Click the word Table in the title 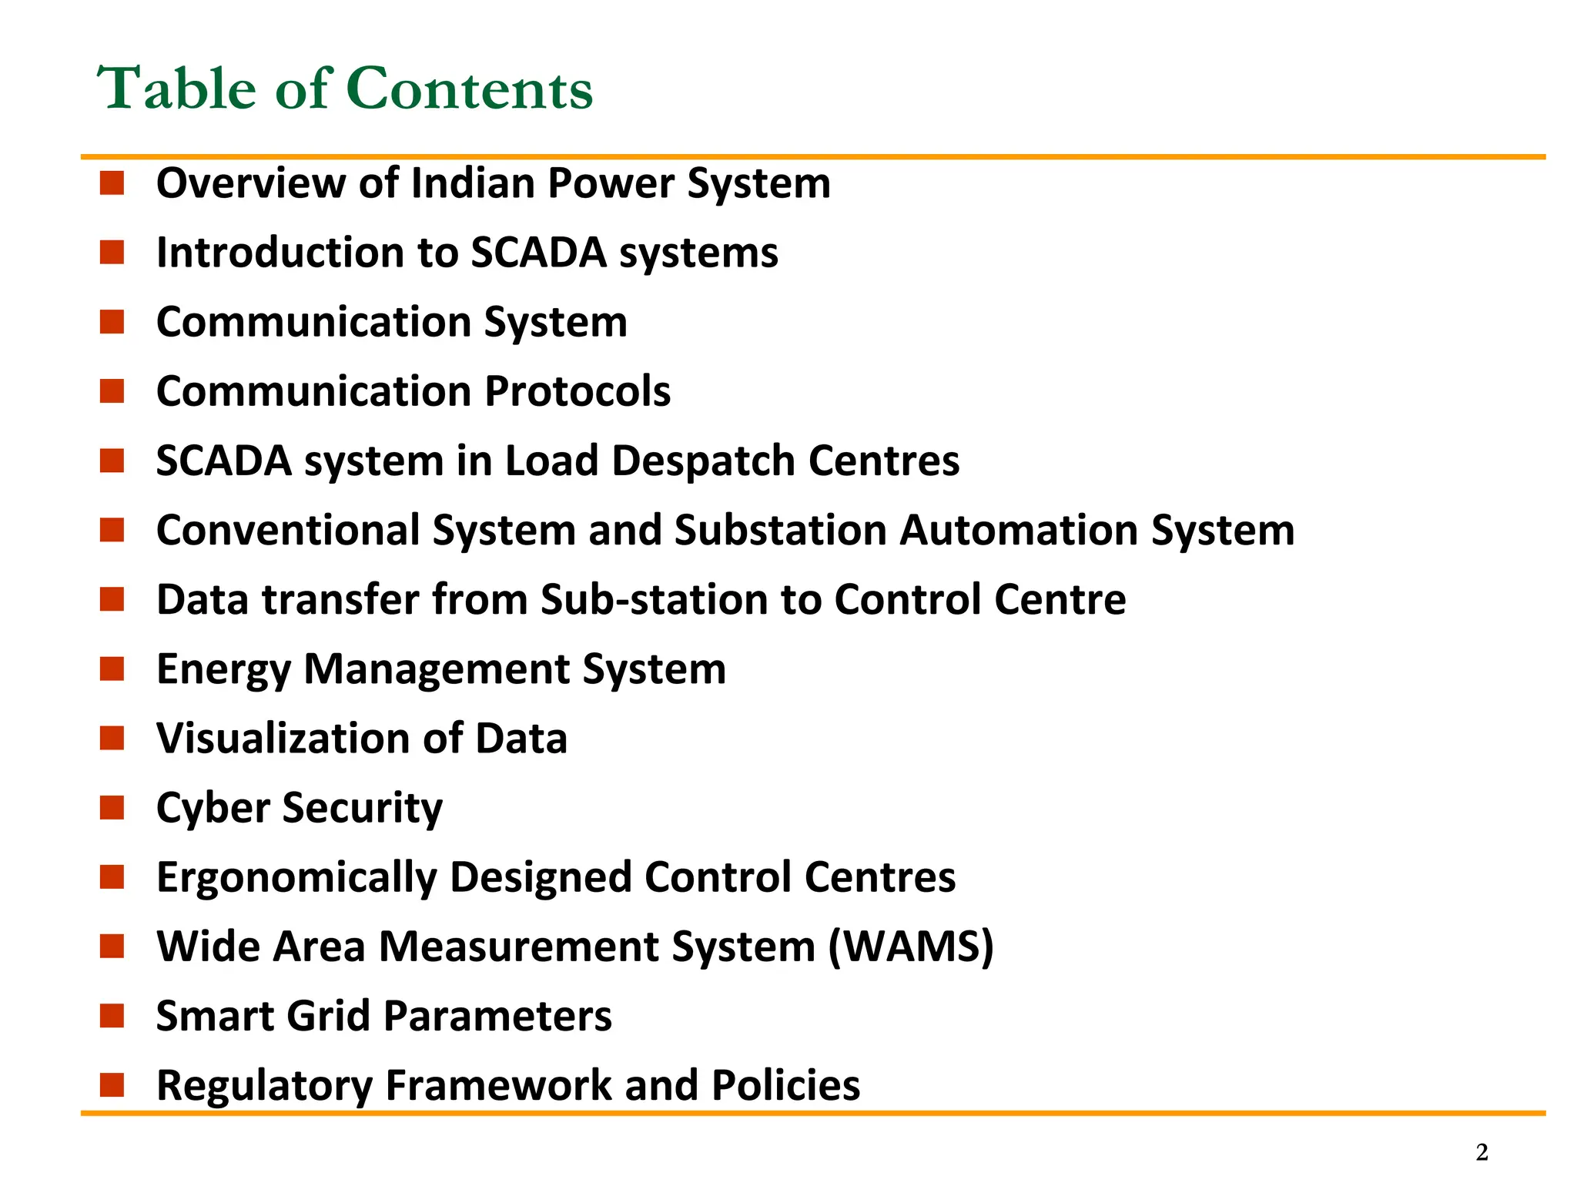click(176, 89)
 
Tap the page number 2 click(1482, 1152)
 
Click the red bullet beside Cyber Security click(112, 808)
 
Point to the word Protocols click(578, 391)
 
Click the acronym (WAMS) click(911, 947)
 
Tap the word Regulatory click(263, 1086)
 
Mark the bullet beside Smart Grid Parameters click(112, 1016)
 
